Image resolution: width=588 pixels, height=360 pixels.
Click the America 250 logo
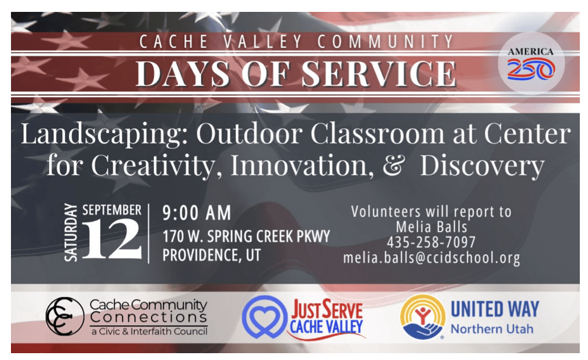[531, 63]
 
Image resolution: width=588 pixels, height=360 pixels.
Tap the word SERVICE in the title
[379, 74]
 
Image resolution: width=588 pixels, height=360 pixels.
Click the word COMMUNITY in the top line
[386, 41]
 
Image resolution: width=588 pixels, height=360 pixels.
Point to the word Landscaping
[105, 134]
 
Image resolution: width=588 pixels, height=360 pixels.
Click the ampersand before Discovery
[393, 165]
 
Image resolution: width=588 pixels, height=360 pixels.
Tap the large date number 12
[112, 239]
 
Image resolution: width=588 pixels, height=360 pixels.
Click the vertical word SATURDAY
[71, 233]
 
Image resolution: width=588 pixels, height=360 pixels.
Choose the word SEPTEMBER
[112, 210]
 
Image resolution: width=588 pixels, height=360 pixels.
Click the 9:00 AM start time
[197, 212]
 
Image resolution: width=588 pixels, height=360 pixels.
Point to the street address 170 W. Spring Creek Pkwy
[246, 237]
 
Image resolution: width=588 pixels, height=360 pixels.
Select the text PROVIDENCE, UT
[211, 255]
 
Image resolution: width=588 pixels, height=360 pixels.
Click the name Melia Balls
[432, 227]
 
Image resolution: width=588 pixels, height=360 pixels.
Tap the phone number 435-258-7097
[431, 242]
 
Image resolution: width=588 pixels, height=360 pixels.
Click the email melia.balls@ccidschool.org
[432, 258]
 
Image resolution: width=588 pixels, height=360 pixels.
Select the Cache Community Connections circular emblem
[65, 316]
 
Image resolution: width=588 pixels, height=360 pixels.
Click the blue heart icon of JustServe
[265, 317]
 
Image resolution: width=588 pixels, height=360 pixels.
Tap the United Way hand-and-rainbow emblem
[423, 317]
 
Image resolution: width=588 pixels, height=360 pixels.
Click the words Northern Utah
[492, 329]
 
